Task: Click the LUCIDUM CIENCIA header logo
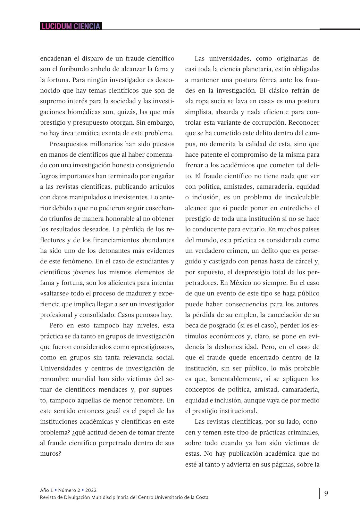click(x=71, y=26)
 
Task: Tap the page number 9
click(x=326, y=493)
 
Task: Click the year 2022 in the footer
click(x=91, y=490)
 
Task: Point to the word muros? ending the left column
click(x=50, y=454)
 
